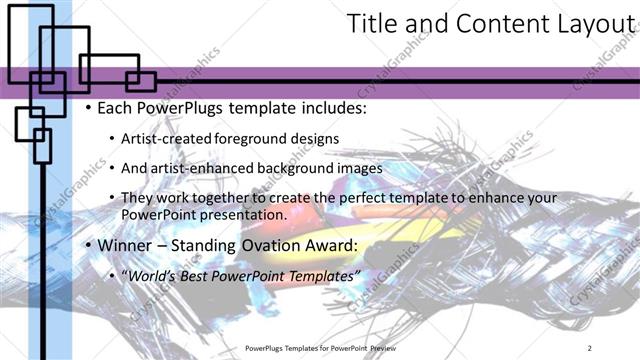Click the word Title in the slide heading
371,25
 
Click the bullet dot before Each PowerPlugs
88,108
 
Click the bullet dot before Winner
88,245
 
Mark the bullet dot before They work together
111,198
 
